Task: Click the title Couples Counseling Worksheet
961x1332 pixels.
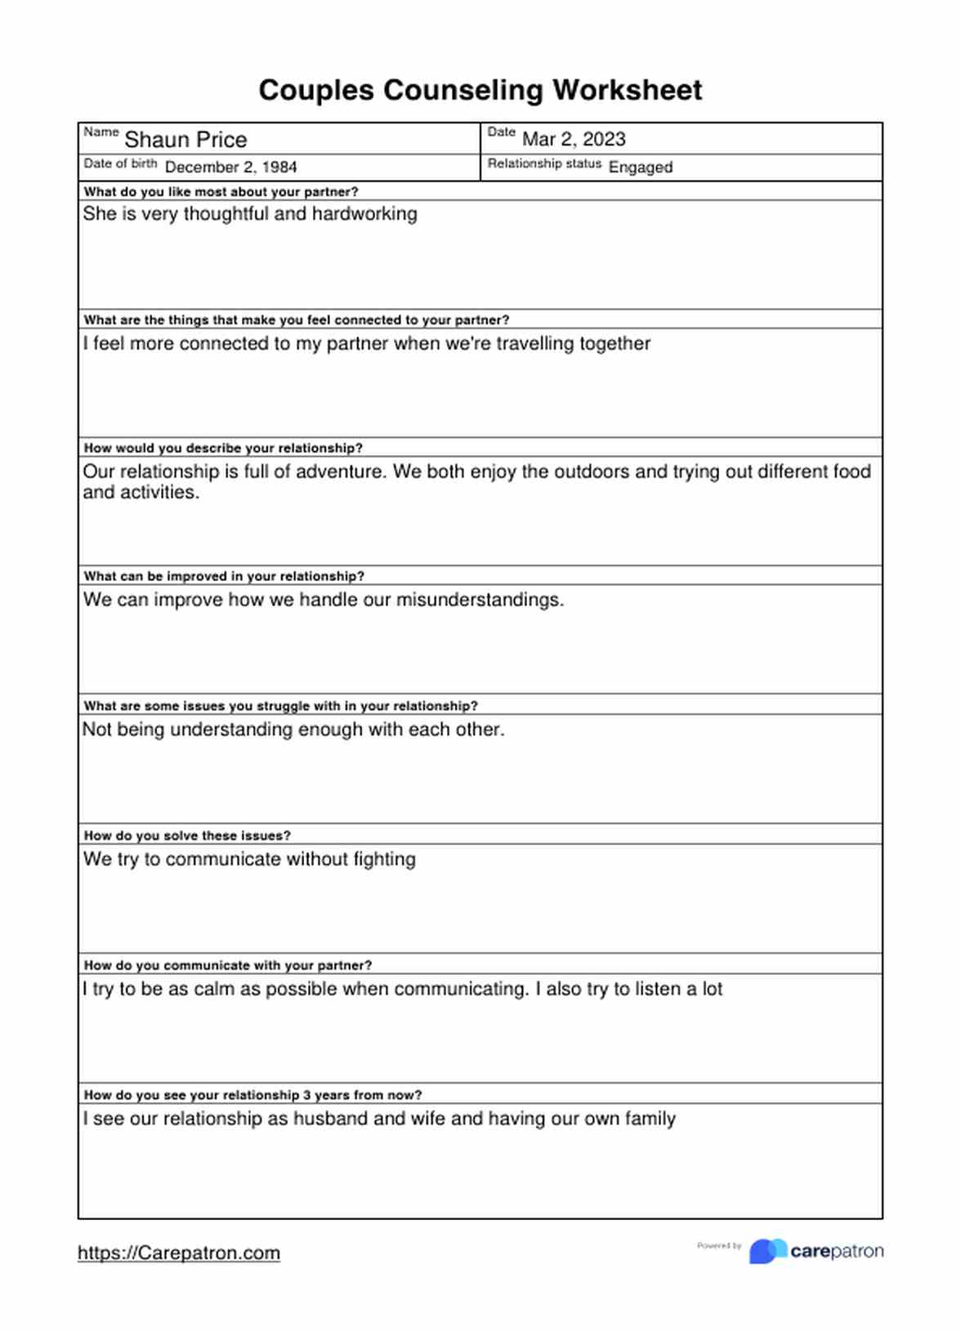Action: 480,90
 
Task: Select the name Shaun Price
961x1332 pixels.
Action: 185,140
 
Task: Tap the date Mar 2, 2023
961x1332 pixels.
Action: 574,139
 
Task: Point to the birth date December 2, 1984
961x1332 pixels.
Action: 230,167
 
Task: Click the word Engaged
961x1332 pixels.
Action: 640,167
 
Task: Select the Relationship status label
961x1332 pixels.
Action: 544,163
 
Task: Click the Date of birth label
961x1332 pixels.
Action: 120,163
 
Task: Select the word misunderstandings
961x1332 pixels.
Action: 480,600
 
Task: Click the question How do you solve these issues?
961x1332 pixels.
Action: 187,835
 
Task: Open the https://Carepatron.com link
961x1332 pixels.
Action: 179,1253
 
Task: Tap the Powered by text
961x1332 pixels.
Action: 719,1246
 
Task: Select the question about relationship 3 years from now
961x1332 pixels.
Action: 253,1095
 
